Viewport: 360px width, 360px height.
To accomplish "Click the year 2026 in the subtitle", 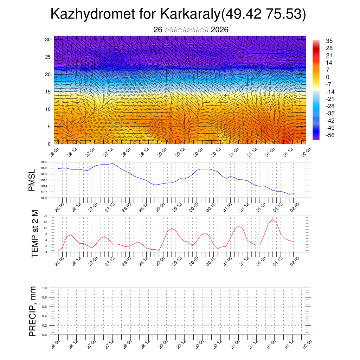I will tap(219, 30).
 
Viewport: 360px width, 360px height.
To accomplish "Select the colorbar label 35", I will tap(329, 41).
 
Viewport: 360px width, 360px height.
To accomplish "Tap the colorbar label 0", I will tap(328, 77).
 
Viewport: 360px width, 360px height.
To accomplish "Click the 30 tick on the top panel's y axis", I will tap(48, 39).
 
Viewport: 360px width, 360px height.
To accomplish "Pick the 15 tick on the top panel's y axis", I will tap(48, 92).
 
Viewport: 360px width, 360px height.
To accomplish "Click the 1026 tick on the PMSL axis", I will tap(44, 162).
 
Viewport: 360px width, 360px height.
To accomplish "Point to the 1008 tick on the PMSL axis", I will tap(44, 198).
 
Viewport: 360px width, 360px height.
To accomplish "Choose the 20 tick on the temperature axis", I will tap(45, 216).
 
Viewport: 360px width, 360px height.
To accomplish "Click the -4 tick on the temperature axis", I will tap(45, 252).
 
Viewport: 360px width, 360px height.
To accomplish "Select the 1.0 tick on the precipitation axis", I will tap(44, 288).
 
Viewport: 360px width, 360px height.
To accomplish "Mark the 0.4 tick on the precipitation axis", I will tap(44, 316).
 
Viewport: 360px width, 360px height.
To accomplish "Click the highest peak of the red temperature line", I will tap(272, 220).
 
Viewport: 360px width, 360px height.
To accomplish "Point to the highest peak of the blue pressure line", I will tap(113, 163).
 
